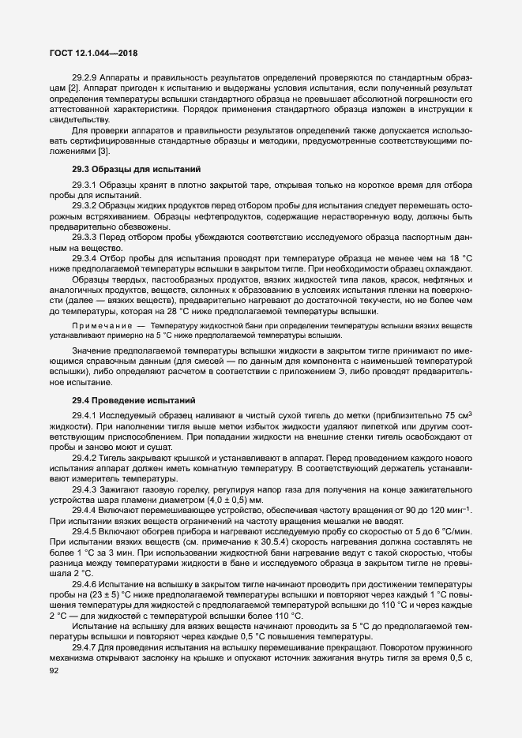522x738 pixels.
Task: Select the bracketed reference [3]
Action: pos(103,152)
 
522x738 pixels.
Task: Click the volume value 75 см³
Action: pos(456,416)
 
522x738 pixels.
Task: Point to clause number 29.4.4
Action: pos(84,511)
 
